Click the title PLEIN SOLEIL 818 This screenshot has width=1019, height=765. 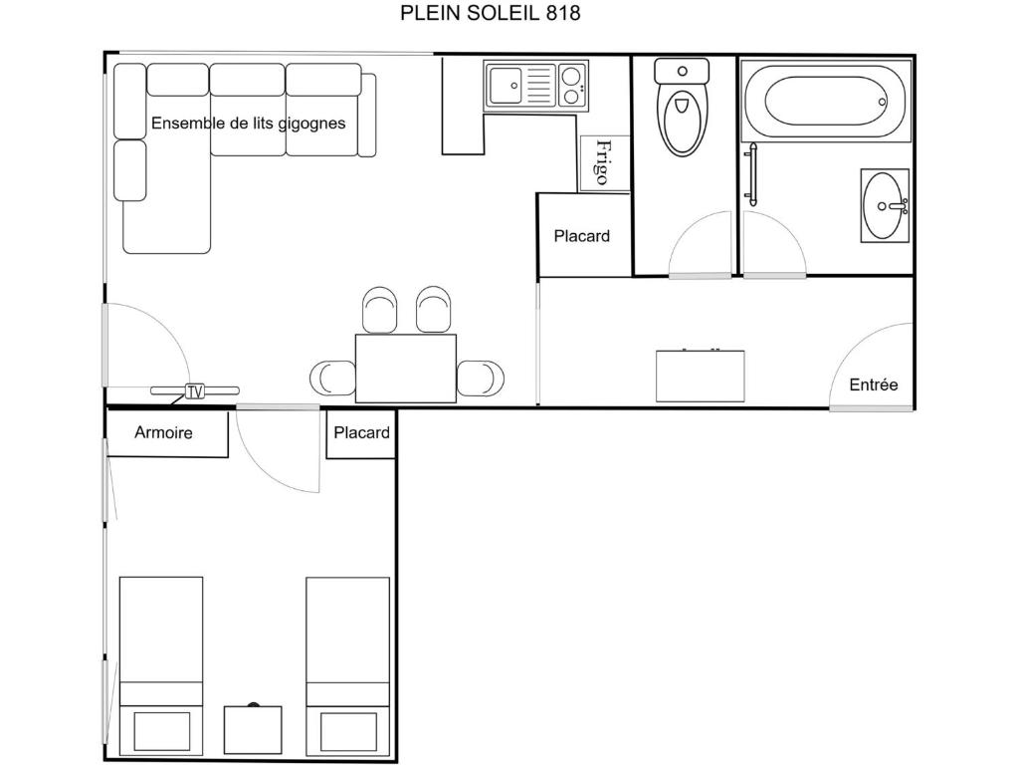pyautogui.click(x=490, y=13)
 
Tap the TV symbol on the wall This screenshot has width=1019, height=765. pyautogui.click(x=195, y=390)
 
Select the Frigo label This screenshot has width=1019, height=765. pyautogui.click(x=603, y=162)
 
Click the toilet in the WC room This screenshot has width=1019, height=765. pyautogui.click(x=682, y=107)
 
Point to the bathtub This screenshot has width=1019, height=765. pyautogui.click(x=825, y=101)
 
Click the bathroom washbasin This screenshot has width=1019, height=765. pyautogui.click(x=885, y=205)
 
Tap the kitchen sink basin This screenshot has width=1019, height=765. pyautogui.click(x=505, y=86)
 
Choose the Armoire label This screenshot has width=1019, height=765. pyautogui.click(x=164, y=432)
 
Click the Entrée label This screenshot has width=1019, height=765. pyautogui.click(x=874, y=384)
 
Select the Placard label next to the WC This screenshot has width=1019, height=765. pyautogui.click(x=581, y=235)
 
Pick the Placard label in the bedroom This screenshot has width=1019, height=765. pyautogui.click(x=361, y=432)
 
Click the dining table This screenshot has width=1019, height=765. pyautogui.click(x=406, y=369)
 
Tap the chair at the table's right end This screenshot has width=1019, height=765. pyautogui.click(x=481, y=379)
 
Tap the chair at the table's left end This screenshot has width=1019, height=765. pyautogui.click(x=332, y=379)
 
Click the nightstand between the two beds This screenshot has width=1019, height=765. pyautogui.click(x=253, y=729)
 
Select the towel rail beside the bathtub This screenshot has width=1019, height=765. pyautogui.click(x=752, y=175)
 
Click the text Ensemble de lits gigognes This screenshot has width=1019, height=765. pyautogui.click(x=248, y=123)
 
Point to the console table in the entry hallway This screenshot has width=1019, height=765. pyautogui.click(x=700, y=376)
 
